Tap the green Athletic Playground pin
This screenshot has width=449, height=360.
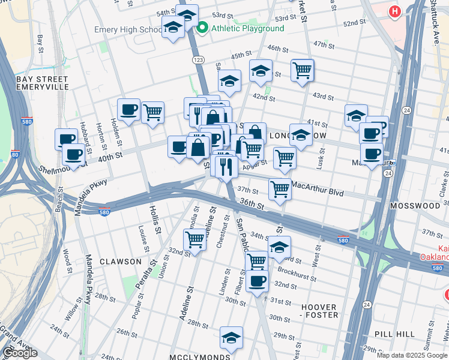pyautogui.click(x=202, y=28)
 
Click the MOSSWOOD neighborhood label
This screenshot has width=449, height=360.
pyautogui.click(x=415, y=205)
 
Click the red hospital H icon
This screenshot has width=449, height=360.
pyautogui.click(x=394, y=11)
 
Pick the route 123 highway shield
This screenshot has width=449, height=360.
pyautogui.click(x=197, y=61)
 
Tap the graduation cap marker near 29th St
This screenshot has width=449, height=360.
pyautogui.click(x=231, y=337)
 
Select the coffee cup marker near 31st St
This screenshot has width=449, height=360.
pyautogui.click(x=258, y=281)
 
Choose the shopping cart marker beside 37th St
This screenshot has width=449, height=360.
pyautogui.click(x=280, y=188)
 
